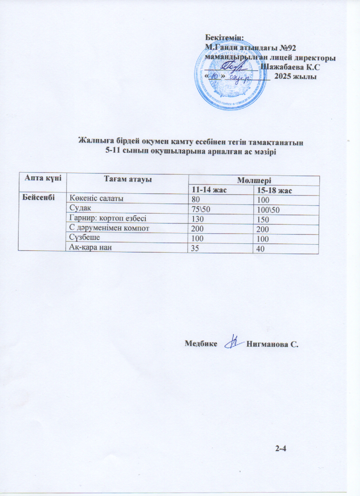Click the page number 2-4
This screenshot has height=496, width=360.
point(281,448)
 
